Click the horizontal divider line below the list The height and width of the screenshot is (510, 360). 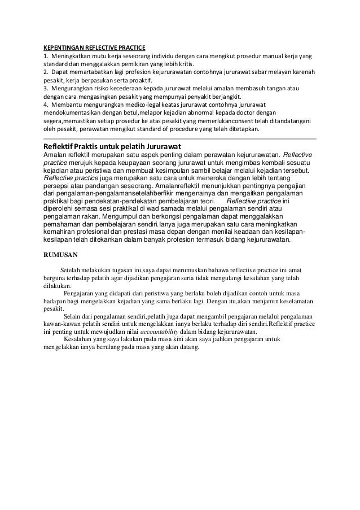click(180, 137)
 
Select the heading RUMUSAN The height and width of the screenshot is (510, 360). click(62, 254)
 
